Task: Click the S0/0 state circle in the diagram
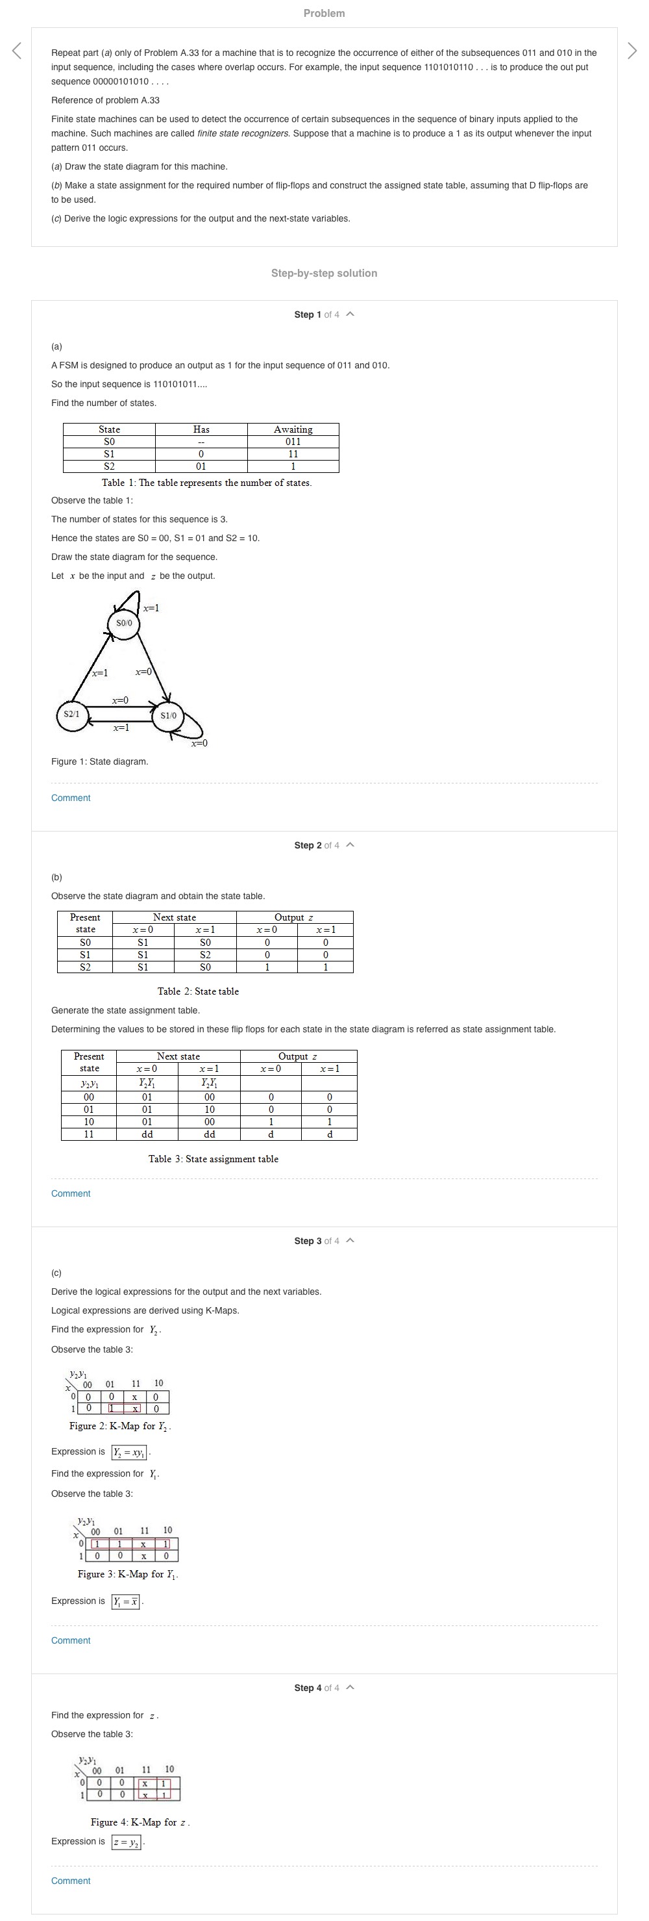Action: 125,622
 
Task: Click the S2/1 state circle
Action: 71,715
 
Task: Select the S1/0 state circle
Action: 168,716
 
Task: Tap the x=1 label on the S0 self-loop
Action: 151,608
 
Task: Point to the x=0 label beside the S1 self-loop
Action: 199,743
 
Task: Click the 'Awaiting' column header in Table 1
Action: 293,429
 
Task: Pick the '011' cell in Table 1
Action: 293,442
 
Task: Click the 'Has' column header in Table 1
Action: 201,429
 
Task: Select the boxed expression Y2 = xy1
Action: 130,1452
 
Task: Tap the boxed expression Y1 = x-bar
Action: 125,1601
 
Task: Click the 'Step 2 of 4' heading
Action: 317,845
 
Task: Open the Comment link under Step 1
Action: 71,798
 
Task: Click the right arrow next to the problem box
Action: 632,51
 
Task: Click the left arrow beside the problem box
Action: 16,51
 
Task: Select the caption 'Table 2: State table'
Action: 198,991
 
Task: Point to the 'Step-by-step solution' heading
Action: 324,273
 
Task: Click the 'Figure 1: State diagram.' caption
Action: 100,761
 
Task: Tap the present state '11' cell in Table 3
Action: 89,1134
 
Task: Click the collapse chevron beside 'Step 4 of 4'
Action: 351,1688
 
